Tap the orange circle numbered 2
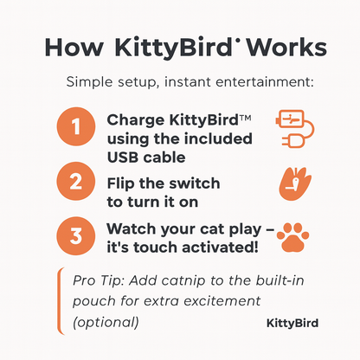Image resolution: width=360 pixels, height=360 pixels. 76,182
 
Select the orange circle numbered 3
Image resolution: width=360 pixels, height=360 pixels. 76,235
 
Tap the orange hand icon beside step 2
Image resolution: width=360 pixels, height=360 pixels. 293,182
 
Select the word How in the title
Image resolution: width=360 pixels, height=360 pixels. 74,46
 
